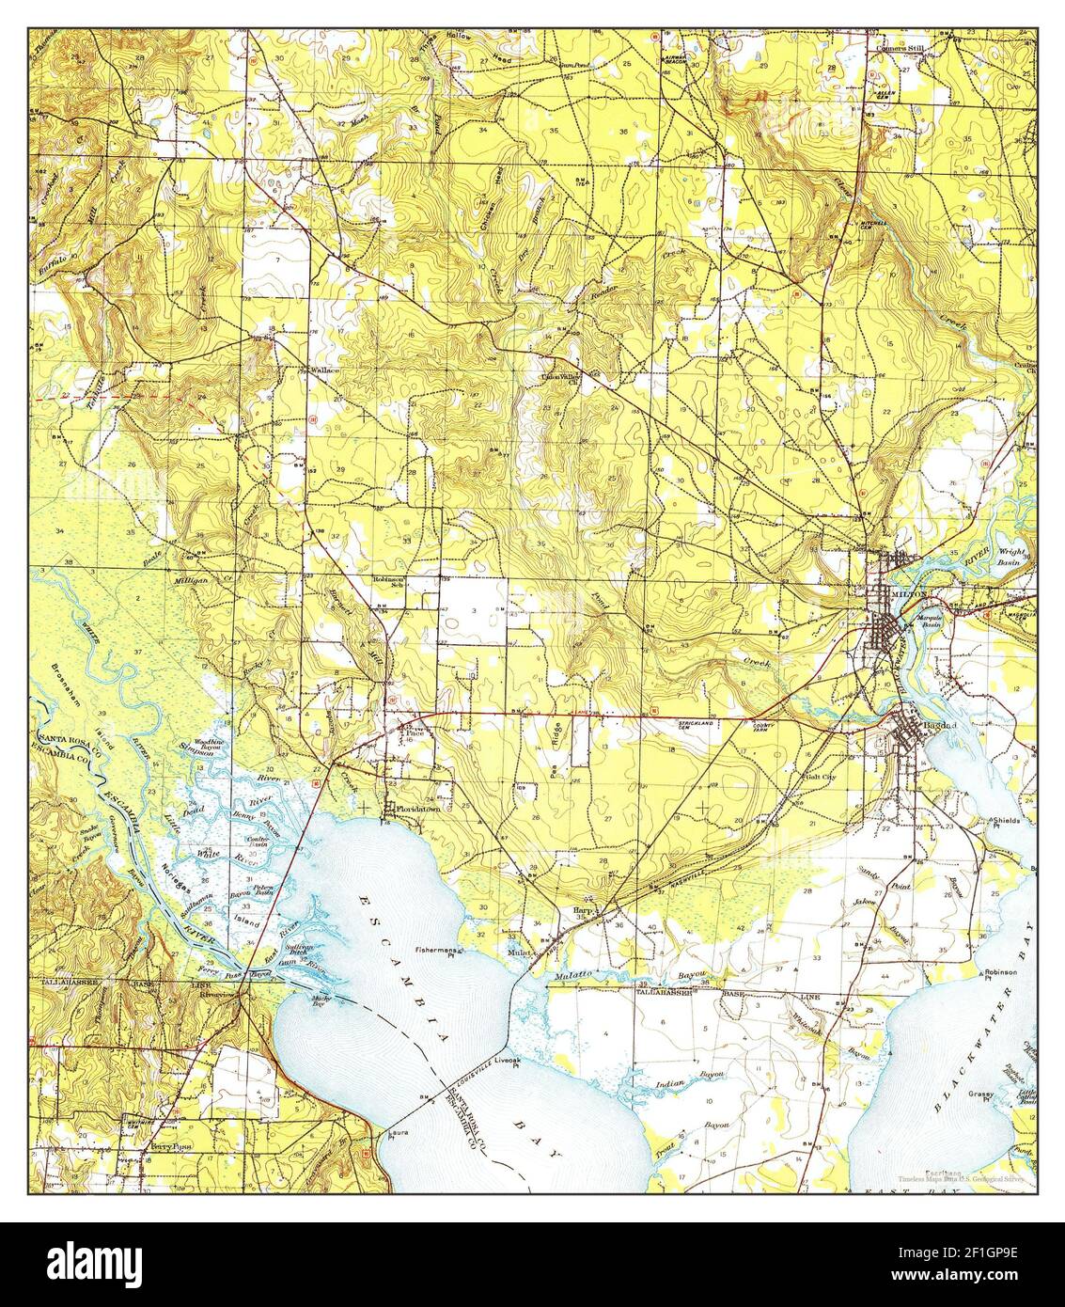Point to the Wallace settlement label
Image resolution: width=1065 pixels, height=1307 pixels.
coord(325,370)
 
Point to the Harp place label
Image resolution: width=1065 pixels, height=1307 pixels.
coord(582,911)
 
